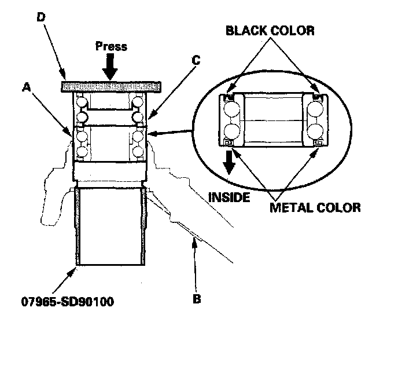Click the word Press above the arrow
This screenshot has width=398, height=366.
(x=111, y=46)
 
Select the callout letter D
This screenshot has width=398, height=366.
(x=40, y=17)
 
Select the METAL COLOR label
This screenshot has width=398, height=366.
(x=315, y=207)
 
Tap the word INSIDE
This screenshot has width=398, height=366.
(x=229, y=197)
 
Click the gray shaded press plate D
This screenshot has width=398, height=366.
(x=109, y=86)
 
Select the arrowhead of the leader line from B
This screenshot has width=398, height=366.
(x=193, y=238)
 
